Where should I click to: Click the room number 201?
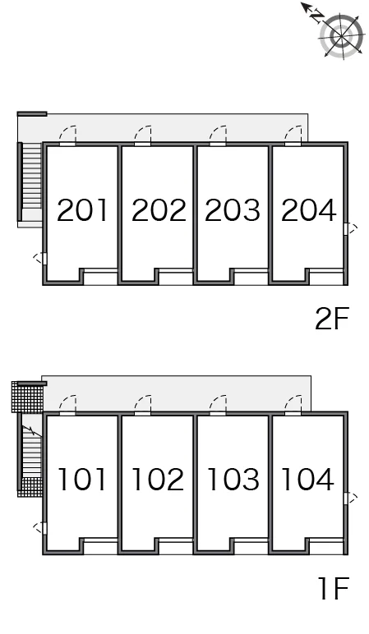(x=82, y=210)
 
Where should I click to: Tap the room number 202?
(x=159, y=210)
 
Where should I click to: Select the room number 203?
(x=233, y=210)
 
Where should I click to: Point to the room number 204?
(x=308, y=210)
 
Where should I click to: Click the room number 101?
(x=82, y=479)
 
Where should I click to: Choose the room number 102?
(x=158, y=479)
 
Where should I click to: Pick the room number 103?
(x=233, y=479)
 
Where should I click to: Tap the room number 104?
(x=307, y=479)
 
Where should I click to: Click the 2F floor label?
(x=331, y=319)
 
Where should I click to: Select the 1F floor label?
(x=333, y=589)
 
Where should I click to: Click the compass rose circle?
(x=341, y=35)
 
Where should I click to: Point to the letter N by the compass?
(x=316, y=16)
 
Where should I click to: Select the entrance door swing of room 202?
(x=142, y=135)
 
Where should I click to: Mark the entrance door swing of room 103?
(x=218, y=404)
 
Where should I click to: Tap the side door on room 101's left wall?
(x=39, y=528)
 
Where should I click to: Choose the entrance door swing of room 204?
(x=293, y=135)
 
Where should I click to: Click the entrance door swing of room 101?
(x=67, y=404)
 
